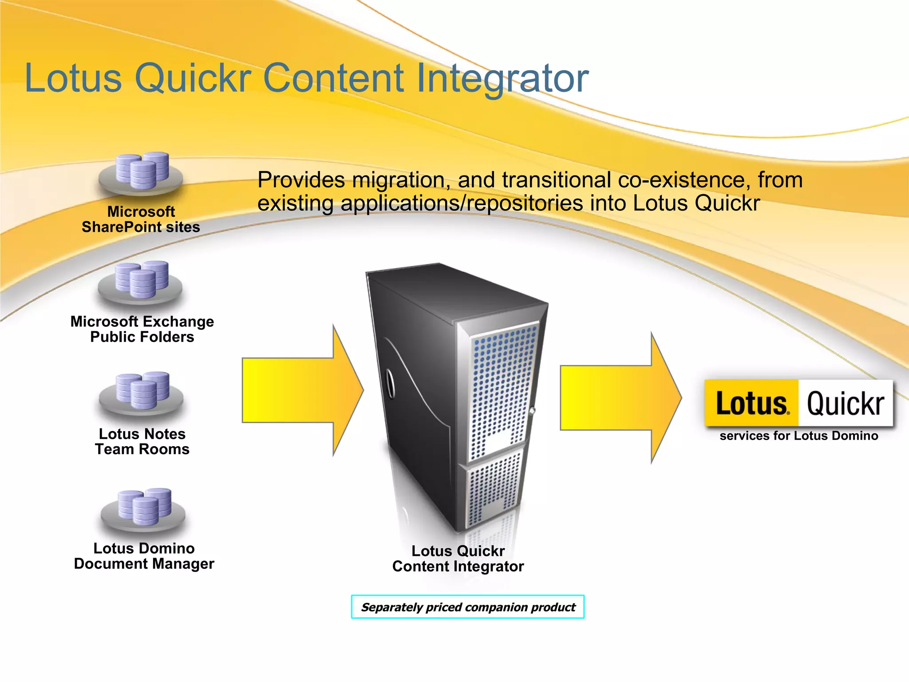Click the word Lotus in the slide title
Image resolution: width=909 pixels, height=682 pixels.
(x=73, y=78)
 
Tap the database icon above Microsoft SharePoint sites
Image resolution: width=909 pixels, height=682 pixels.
(x=141, y=173)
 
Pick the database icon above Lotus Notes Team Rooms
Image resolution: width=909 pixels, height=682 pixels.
(x=142, y=393)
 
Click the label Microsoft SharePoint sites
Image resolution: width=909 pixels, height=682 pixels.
(x=141, y=219)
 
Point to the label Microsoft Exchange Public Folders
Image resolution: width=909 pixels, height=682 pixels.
(x=142, y=329)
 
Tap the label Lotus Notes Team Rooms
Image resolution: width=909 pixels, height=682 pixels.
(x=142, y=441)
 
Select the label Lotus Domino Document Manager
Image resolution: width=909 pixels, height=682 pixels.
(x=144, y=556)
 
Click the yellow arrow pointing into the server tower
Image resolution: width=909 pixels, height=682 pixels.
(x=302, y=390)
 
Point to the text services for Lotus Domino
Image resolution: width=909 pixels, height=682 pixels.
(x=798, y=436)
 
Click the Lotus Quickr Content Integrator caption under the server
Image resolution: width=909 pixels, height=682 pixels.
(x=458, y=559)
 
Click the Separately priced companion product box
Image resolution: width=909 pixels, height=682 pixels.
(x=468, y=607)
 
